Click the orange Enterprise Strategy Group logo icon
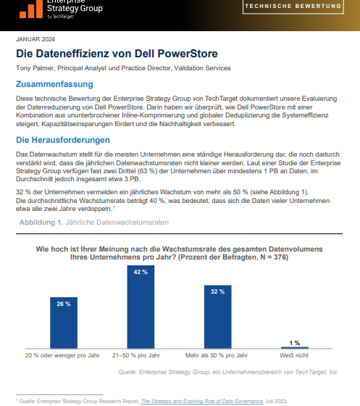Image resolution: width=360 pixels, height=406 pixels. (x=29, y=9)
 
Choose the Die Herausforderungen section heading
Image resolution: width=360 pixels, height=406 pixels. (x=63, y=140)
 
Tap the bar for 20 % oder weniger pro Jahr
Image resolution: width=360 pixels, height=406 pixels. (x=63, y=323)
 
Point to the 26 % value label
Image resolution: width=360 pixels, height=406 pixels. (x=63, y=304)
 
